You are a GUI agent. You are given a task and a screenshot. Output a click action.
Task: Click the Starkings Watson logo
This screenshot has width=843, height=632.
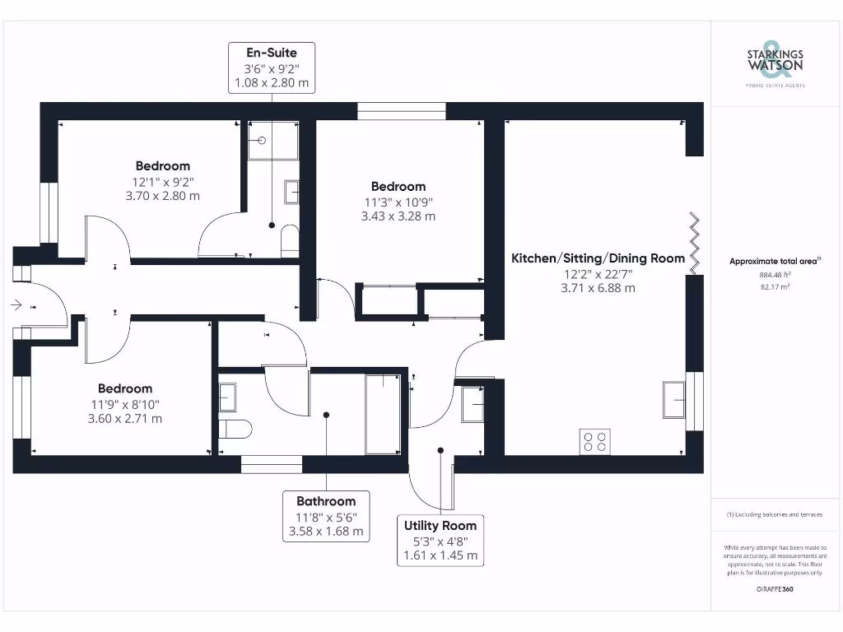775,62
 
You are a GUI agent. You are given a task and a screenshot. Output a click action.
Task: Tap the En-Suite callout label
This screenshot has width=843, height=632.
272,67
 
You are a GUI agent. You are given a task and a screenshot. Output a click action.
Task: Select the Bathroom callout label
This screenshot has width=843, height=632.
326,516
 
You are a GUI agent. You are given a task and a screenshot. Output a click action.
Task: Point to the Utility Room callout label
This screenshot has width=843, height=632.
440,540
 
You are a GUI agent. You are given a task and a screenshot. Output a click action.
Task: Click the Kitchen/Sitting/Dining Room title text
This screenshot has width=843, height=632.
598,258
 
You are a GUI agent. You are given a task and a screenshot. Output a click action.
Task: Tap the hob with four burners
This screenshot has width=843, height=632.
595,441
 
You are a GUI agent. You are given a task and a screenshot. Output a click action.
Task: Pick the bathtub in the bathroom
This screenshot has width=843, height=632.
382,413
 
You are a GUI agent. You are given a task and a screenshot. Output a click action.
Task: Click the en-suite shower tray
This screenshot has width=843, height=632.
272,140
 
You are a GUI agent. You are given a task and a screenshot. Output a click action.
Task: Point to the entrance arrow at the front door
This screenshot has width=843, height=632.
17,304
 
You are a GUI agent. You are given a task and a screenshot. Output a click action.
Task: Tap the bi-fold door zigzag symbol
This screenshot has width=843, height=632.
695,243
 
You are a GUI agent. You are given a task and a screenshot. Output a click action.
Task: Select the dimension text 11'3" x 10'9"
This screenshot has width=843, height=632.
398,202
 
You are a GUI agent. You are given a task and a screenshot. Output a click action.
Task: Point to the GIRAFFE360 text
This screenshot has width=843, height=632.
775,589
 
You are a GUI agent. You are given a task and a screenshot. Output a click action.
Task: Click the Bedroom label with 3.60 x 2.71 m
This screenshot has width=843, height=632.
125,388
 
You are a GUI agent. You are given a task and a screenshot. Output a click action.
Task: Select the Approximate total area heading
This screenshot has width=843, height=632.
775,262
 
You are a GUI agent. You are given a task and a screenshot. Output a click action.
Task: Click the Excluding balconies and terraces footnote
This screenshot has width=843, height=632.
775,514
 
